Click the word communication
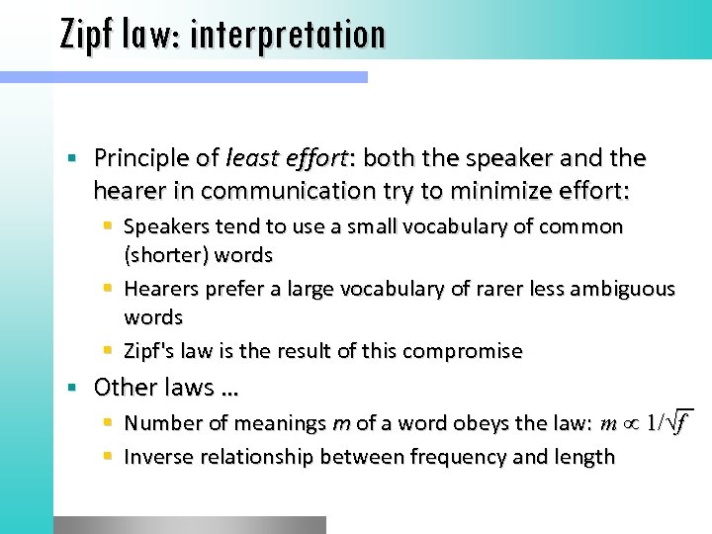click(x=286, y=188)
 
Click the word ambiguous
click(x=622, y=289)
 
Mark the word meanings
click(x=280, y=424)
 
